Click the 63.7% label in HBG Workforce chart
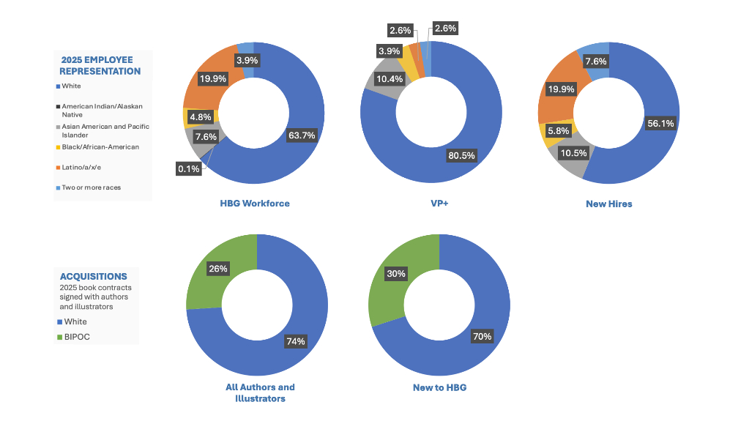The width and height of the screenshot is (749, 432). click(302, 135)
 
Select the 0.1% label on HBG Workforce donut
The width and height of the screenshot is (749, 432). click(189, 169)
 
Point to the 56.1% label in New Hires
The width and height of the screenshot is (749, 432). click(660, 124)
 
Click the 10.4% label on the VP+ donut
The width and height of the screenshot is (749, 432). click(388, 78)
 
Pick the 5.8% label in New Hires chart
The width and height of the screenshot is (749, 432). click(557, 130)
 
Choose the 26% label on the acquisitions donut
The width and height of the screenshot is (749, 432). click(217, 269)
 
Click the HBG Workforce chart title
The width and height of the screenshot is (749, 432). click(255, 204)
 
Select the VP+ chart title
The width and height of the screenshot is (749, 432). click(439, 204)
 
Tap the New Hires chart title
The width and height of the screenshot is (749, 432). click(608, 204)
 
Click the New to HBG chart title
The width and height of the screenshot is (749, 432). click(439, 387)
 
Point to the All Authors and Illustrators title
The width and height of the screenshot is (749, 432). click(260, 392)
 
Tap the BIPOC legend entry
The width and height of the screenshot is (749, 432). click(78, 338)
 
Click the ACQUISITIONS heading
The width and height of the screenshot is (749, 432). click(94, 277)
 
